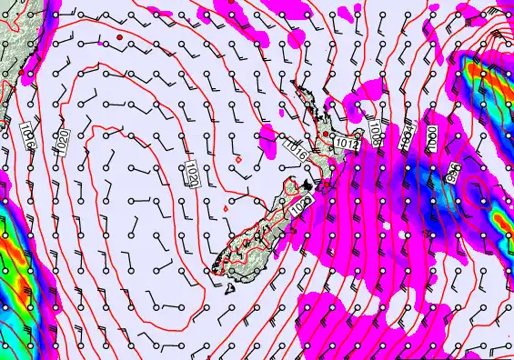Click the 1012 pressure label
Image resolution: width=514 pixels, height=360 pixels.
pos(345,143)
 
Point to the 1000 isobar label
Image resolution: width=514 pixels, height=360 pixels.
pos(431,138)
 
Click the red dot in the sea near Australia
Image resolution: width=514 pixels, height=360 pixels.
pos(119,36)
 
